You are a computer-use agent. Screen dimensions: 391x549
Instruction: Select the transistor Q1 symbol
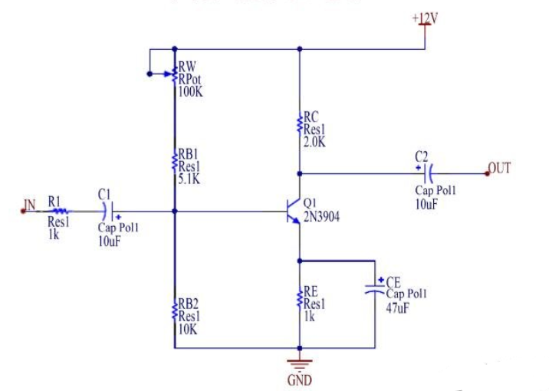292,212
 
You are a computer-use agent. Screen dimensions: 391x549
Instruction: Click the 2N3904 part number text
321,218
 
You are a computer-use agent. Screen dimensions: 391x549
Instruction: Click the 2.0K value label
315,143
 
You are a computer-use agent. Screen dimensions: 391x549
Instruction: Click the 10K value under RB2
188,329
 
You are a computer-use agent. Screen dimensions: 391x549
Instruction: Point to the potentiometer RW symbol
173,75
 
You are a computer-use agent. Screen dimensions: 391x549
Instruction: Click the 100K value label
190,92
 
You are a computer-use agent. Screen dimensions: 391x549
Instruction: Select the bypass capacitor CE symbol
376,290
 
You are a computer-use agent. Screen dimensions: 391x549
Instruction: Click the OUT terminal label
499,168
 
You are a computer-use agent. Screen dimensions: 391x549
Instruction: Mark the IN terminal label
29,204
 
